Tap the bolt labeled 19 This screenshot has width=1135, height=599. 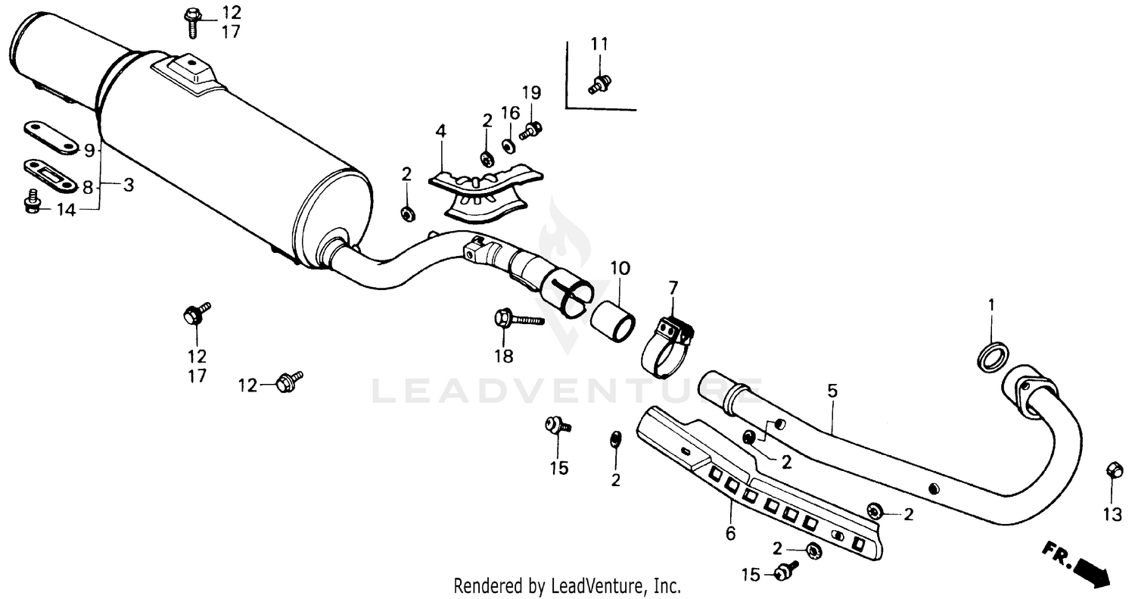coord(530,131)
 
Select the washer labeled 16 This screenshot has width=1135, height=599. coord(509,143)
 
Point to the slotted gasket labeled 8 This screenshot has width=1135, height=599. coord(48,176)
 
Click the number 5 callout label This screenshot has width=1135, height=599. coord(832,392)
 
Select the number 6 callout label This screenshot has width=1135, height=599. coord(730,534)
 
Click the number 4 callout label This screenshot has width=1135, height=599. coord(440,132)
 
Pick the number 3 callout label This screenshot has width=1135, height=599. coord(128,185)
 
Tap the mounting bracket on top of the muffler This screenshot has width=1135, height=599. coord(189,72)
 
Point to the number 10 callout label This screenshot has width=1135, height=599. coord(620,268)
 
